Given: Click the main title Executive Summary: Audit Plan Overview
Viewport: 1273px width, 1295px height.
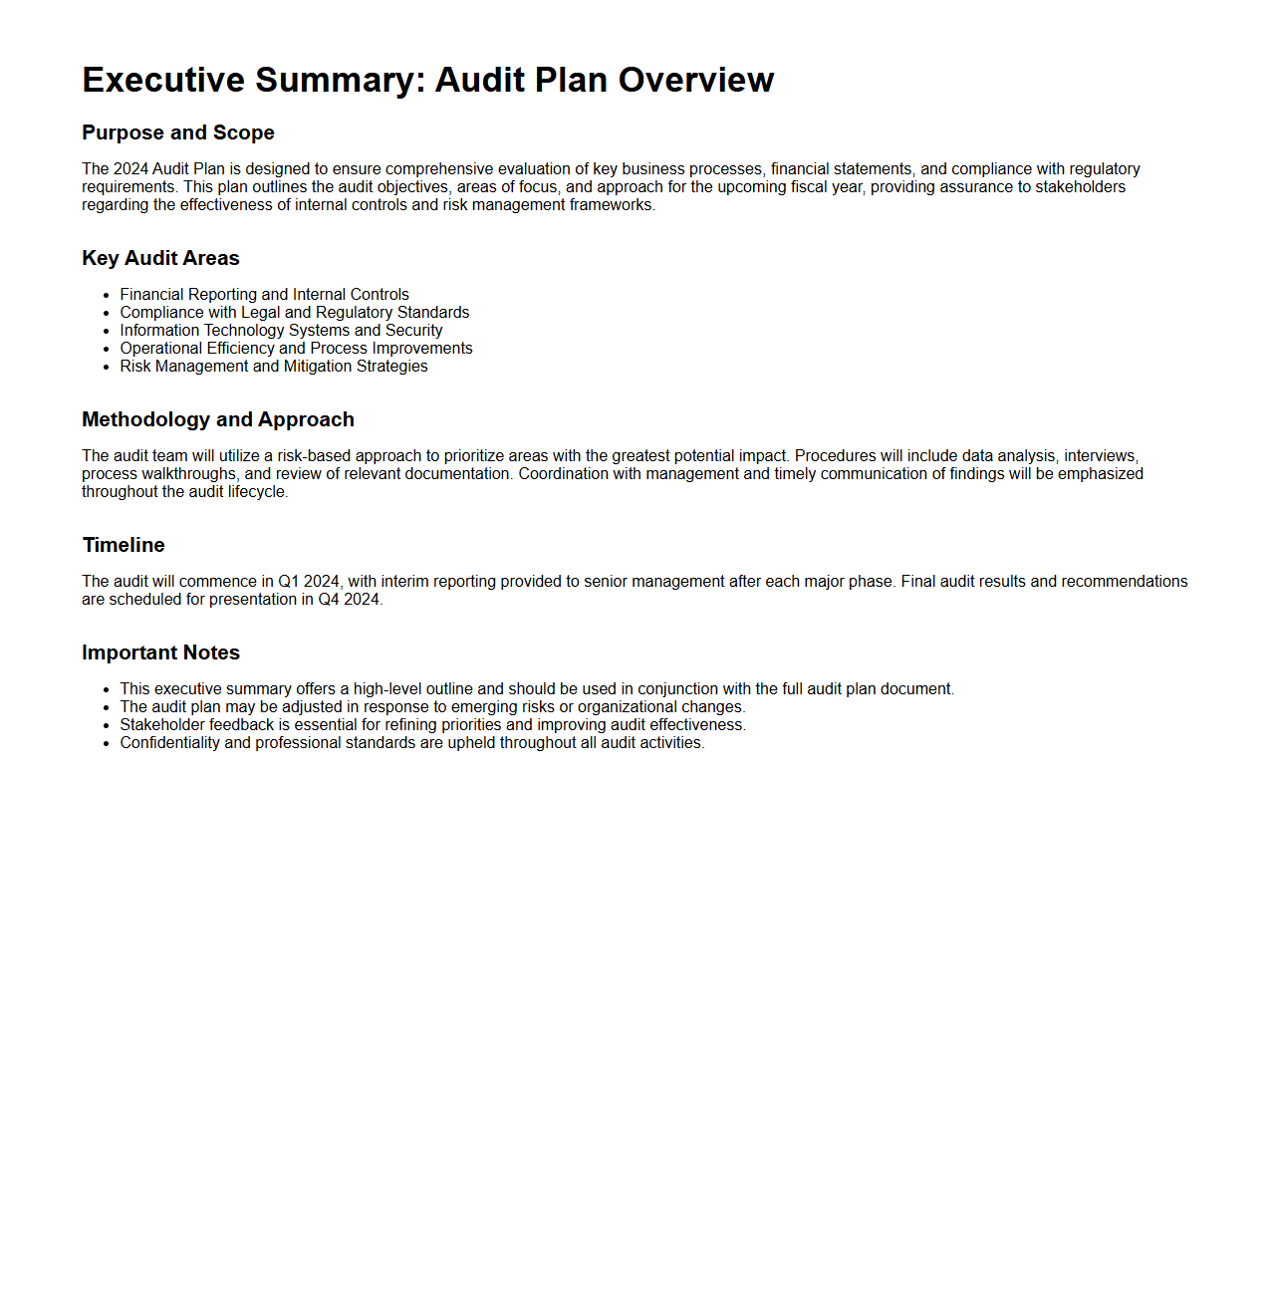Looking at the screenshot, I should click(x=427, y=80).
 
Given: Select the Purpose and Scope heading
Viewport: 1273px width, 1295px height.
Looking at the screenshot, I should click(x=178, y=132).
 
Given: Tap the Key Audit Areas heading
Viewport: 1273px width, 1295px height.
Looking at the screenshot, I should click(x=160, y=258).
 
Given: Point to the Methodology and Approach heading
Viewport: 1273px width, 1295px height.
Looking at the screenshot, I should click(x=218, y=419).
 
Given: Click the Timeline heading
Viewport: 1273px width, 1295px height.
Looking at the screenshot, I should click(x=124, y=545).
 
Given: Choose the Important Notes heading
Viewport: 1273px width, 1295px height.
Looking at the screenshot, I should click(x=160, y=652).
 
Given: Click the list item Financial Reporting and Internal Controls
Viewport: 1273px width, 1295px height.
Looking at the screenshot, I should click(x=264, y=295).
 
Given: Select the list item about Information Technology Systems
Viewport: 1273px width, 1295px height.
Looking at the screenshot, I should click(x=281, y=331).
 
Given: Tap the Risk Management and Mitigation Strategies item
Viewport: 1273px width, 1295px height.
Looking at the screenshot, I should click(x=274, y=367).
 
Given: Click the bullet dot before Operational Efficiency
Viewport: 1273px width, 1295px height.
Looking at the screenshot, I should click(x=106, y=350).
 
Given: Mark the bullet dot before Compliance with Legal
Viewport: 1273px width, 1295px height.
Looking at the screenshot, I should click(x=106, y=314).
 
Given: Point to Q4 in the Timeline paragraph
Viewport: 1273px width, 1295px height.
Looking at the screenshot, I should click(x=329, y=600).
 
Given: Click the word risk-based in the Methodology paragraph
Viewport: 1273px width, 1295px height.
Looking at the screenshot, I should click(x=314, y=456).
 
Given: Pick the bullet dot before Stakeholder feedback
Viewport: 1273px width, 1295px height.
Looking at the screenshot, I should click(x=106, y=726).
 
